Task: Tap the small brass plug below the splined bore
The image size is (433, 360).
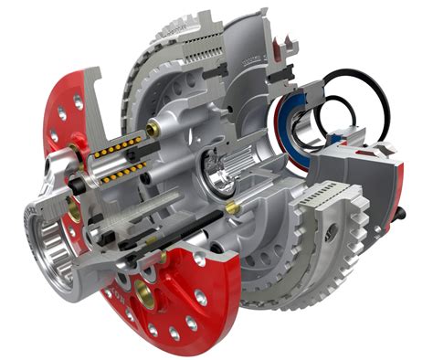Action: coord(232,208)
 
